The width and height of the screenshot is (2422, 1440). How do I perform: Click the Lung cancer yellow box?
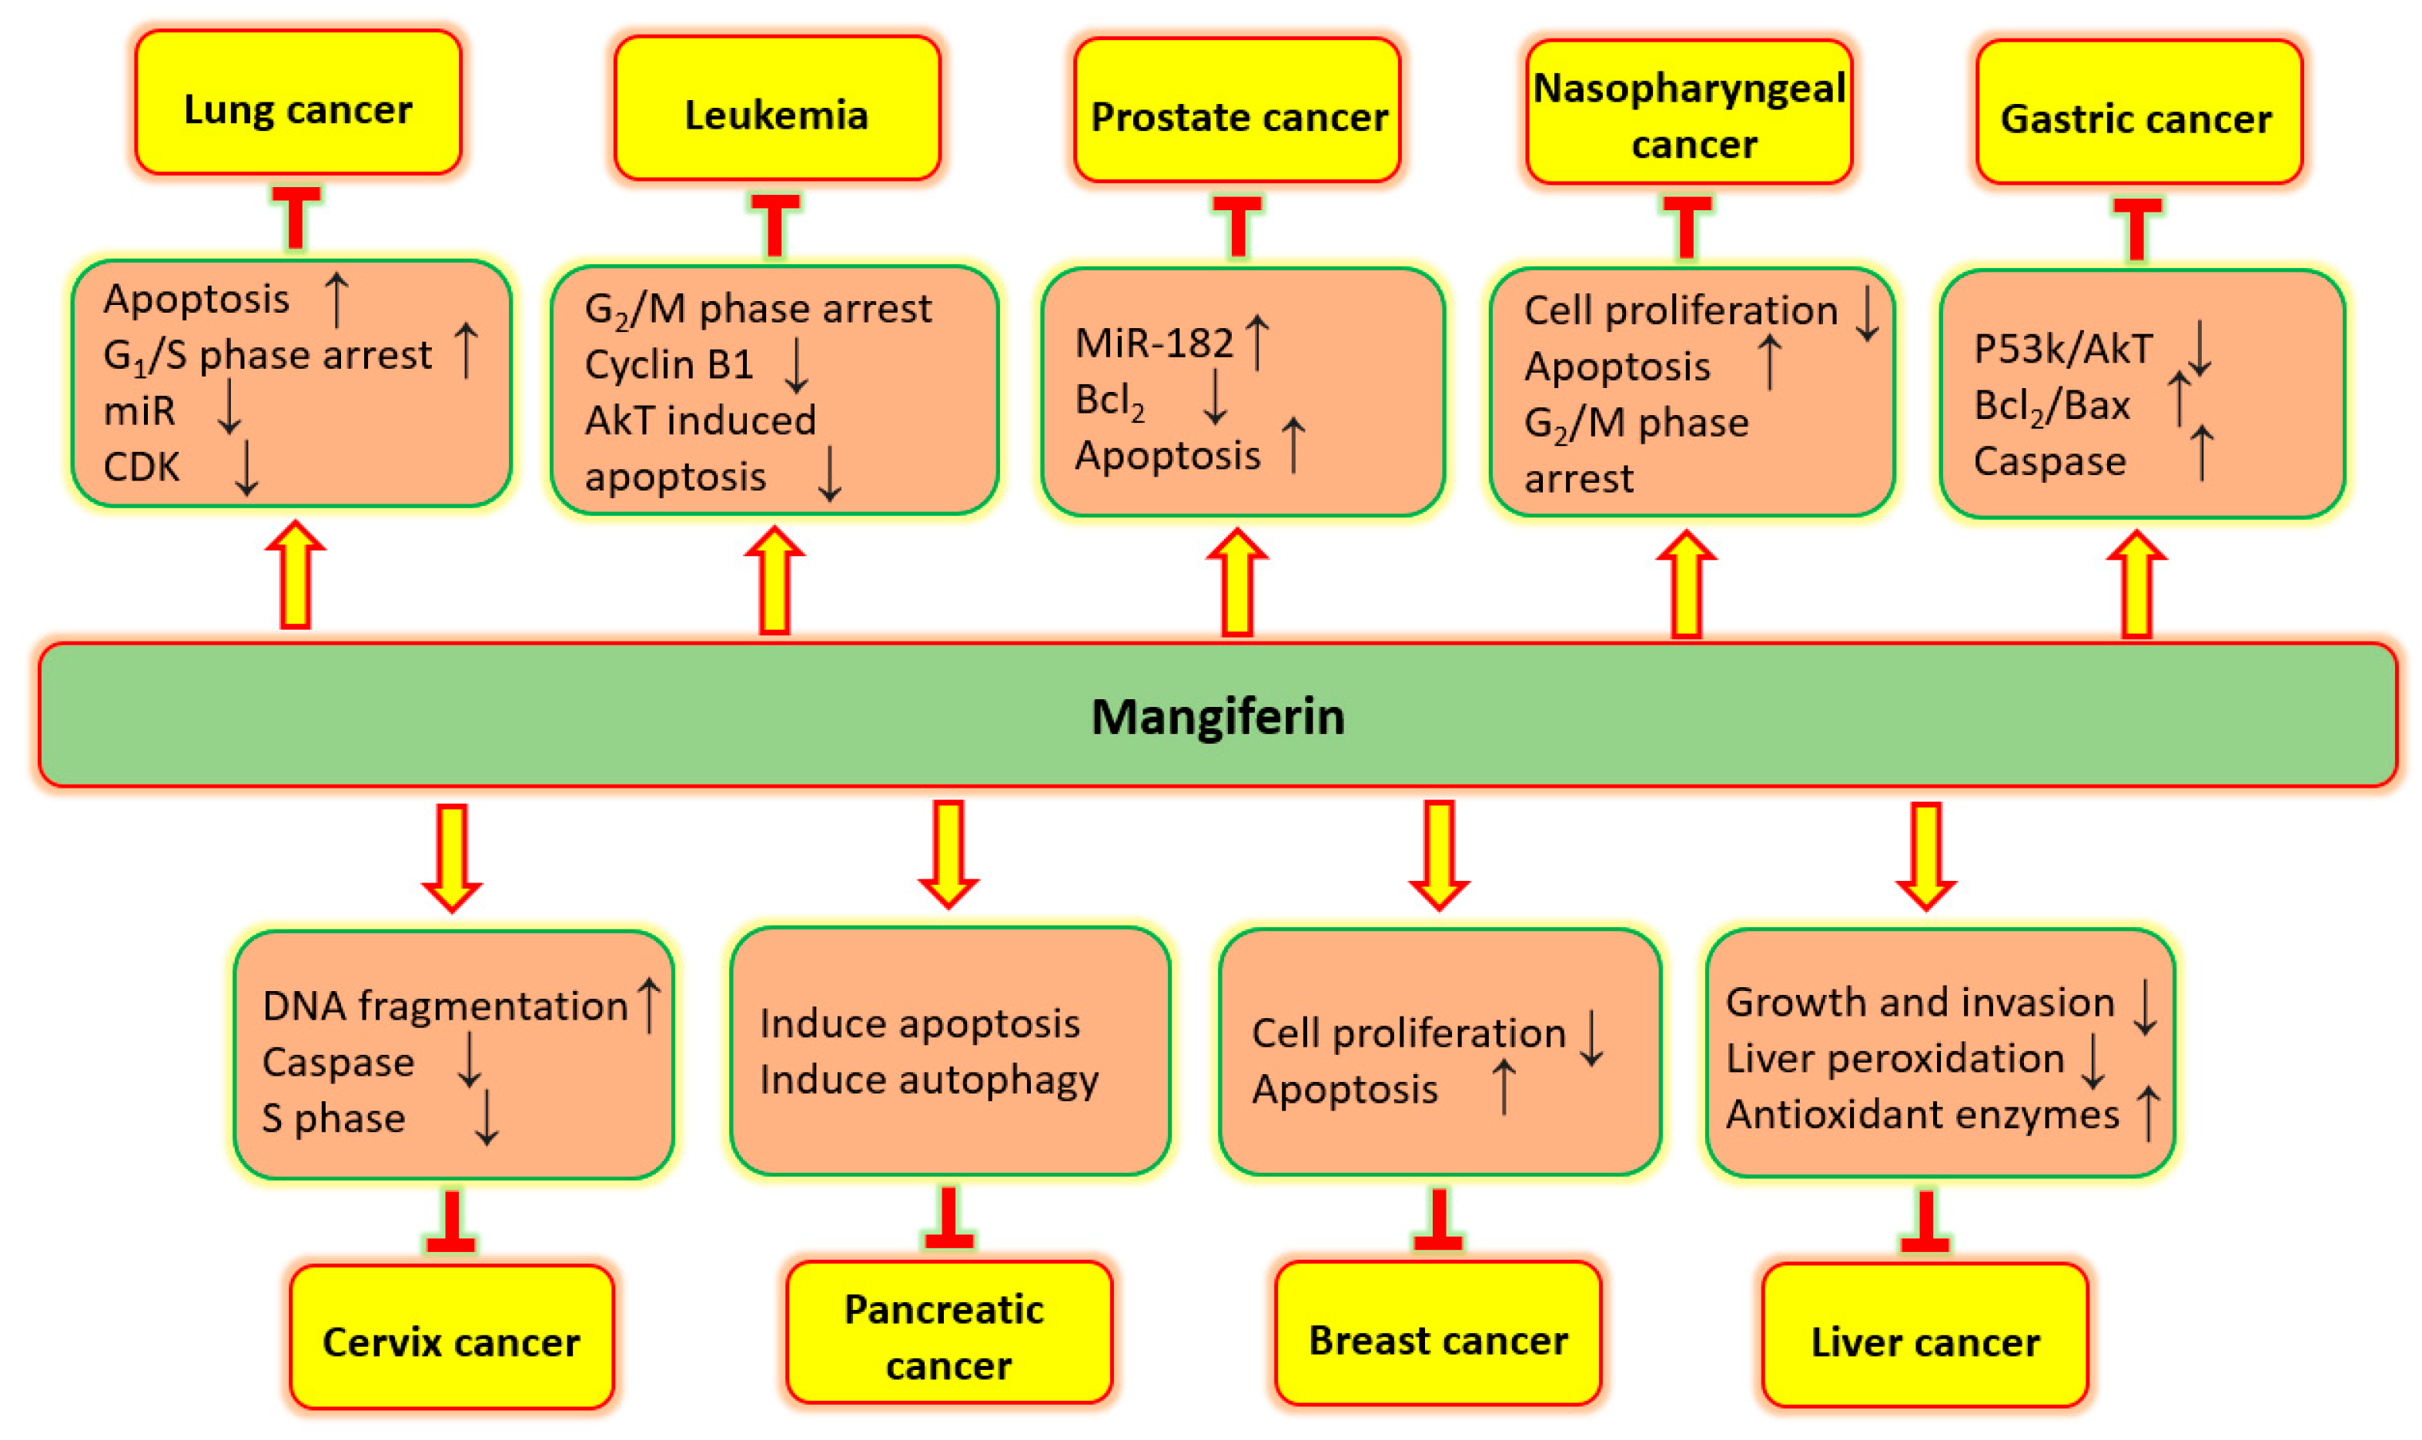(297, 103)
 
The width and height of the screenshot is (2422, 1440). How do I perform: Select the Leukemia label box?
(775, 109)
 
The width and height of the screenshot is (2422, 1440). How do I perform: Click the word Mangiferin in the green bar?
(1216, 716)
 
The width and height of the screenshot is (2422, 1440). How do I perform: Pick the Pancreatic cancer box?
(947, 1333)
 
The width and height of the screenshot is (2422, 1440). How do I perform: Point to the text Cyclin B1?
(668, 365)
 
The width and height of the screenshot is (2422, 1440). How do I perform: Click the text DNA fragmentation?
(444, 1006)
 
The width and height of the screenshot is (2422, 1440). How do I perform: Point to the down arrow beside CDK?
(246, 467)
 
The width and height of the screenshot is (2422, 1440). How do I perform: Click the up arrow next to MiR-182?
(1256, 342)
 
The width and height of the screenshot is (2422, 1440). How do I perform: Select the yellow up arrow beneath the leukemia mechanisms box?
(773, 581)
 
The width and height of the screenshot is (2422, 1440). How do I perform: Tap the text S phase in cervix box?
(333, 1119)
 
